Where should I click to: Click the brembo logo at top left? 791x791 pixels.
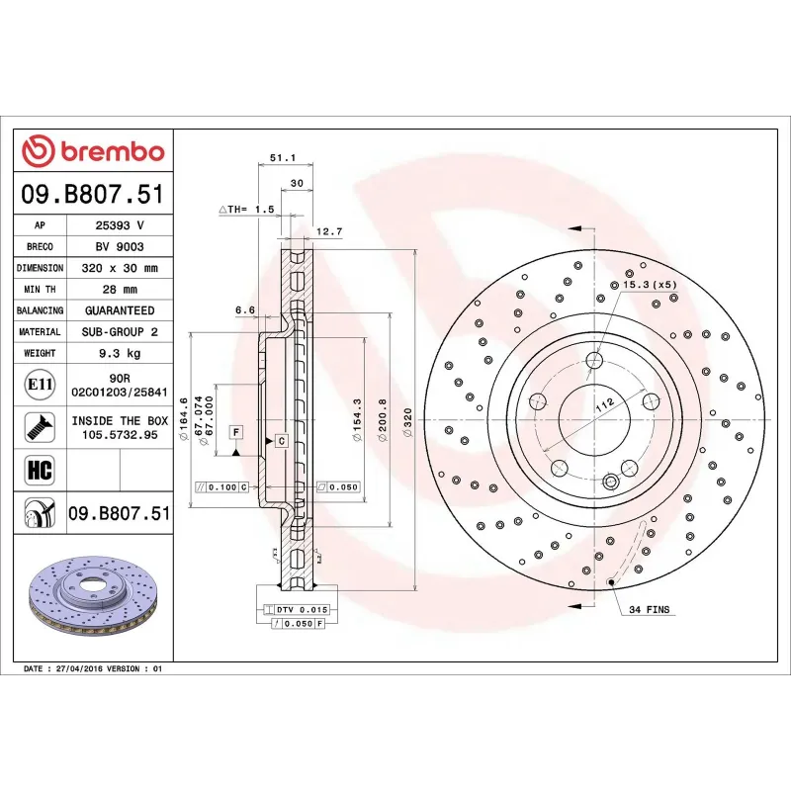93,152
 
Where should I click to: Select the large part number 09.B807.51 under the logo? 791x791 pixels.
93,194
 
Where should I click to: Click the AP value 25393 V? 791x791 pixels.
120,225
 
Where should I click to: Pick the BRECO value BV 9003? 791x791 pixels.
120,246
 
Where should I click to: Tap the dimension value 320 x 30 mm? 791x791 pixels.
120,268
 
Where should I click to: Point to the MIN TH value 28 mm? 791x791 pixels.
120,290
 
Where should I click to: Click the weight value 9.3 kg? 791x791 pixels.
120,353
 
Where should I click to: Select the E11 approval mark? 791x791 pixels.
40,384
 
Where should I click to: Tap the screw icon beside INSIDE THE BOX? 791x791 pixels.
40,427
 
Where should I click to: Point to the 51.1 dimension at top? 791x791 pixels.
284,157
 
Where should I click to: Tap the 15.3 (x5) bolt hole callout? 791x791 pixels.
649,285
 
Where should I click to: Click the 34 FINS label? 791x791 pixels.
649,610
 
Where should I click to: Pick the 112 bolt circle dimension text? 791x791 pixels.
604,402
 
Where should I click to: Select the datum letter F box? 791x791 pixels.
236,431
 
